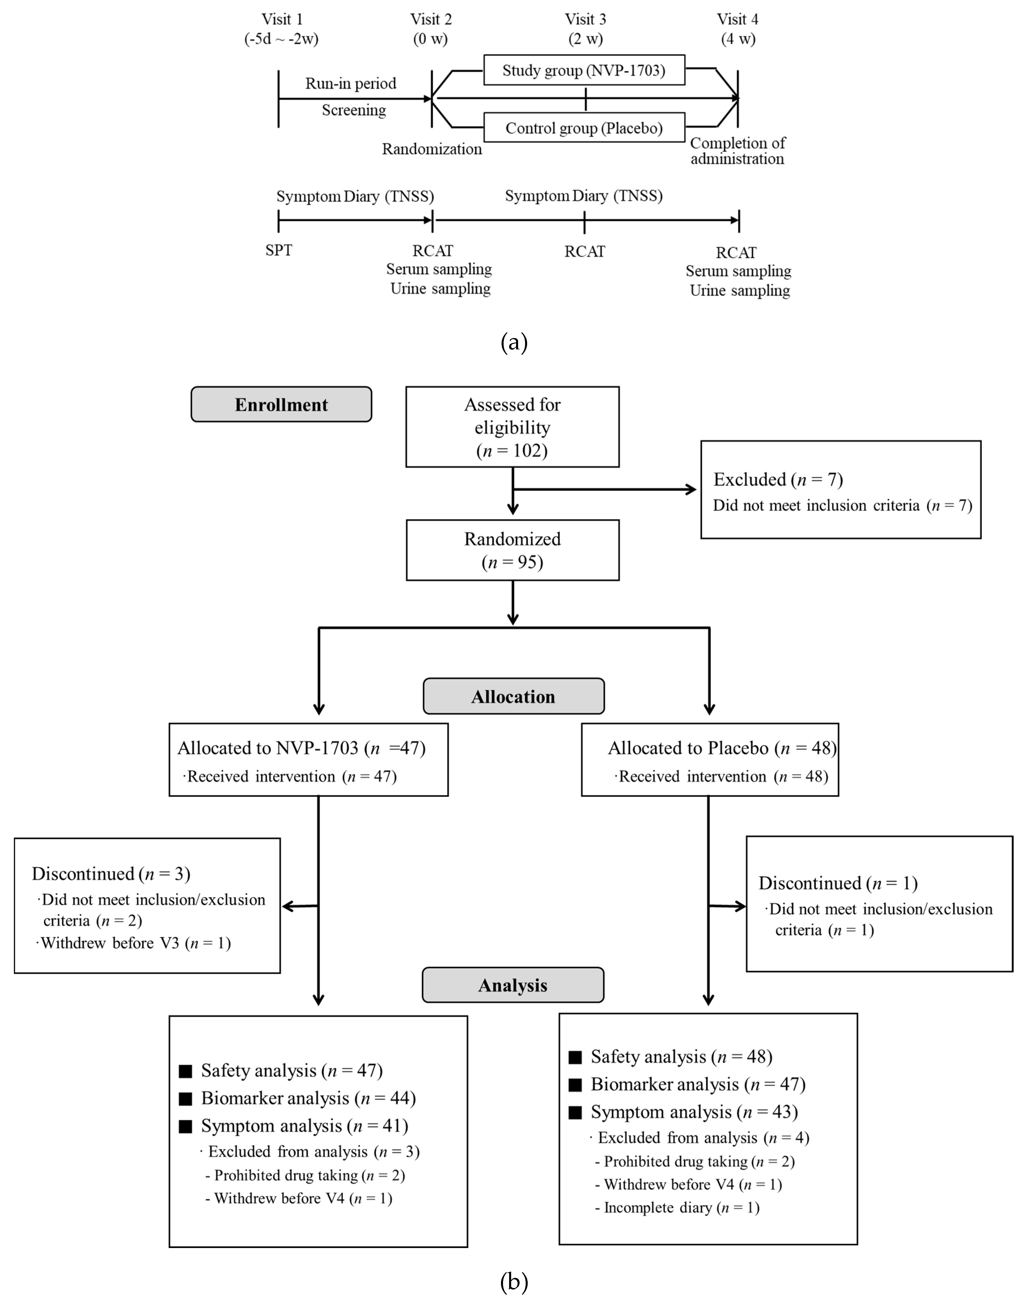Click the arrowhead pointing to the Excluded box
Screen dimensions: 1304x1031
691,490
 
